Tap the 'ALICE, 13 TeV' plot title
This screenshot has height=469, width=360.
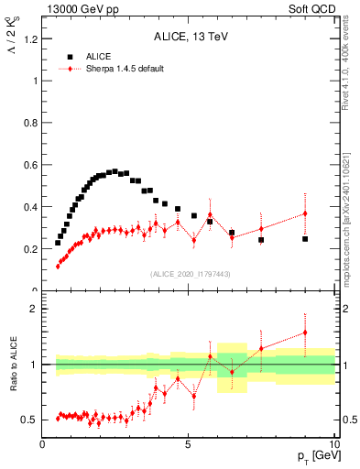[x=189, y=38]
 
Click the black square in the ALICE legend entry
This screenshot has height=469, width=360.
[x=70, y=56]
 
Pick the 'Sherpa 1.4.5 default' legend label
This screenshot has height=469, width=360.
[x=125, y=69]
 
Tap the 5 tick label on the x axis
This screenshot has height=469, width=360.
[x=189, y=443]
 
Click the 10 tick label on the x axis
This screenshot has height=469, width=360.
[x=334, y=443]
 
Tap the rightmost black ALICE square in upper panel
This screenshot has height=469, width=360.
[x=305, y=239]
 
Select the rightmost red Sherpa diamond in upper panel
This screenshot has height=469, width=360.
[x=305, y=213]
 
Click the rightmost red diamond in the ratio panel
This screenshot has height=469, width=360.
[x=305, y=333]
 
